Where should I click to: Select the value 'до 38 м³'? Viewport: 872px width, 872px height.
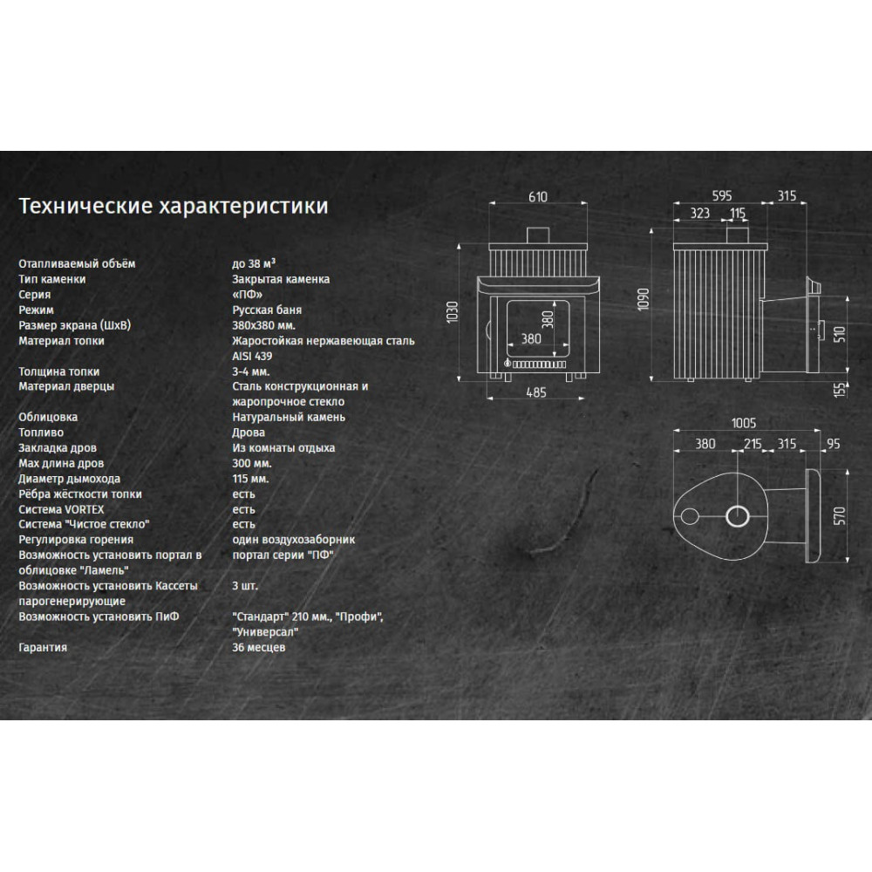(x=254, y=263)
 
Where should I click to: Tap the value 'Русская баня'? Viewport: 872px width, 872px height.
(x=267, y=310)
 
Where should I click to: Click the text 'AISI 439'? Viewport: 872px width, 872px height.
(x=253, y=356)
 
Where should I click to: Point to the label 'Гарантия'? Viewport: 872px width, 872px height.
(x=43, y=647)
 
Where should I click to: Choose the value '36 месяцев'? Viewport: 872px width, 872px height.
(x=259, y=647)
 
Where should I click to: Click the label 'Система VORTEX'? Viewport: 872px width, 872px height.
(x=61, y=509)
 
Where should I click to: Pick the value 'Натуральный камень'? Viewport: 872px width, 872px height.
(x=289, y=417)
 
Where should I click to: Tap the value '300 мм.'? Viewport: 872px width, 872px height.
(x=252, y=463)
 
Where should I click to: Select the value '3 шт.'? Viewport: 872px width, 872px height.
(x=245, y=586)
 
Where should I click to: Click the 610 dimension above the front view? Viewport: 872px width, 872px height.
(x=538, y=197)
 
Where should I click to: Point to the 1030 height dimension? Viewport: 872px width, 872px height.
(x=452, y=312)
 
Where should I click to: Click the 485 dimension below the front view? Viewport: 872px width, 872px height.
(x=536, y=392)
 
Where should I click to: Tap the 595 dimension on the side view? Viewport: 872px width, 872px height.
(x=722, y=195)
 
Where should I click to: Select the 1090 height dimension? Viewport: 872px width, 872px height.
(x=644, y=299)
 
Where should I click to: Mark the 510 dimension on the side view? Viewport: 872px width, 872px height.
(x=840, y=334)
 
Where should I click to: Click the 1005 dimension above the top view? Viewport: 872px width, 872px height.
(x=744, y=423)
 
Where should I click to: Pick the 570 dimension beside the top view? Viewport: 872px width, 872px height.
(x=840, y=515)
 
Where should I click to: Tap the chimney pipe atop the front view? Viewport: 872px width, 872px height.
(x=538, y=235)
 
